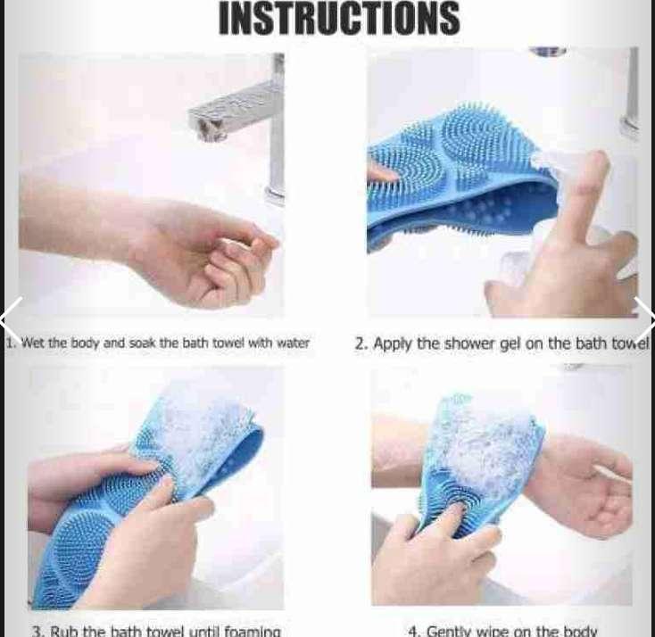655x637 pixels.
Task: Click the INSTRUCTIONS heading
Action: coord(339,19)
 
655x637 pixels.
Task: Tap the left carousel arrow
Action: coord(12,318)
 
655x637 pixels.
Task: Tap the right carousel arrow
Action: coord(643,318)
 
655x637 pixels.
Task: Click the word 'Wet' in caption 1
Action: coord(31,343)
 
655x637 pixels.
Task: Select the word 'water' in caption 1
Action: coord(293,343)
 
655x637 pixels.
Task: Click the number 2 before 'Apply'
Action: coord(360,343)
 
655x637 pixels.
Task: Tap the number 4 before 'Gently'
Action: coord(413,631)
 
